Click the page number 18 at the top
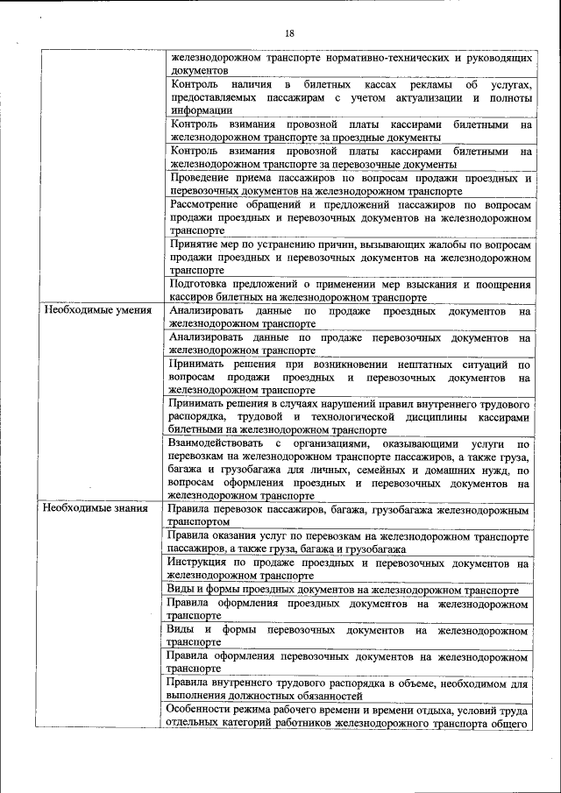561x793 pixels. [289, 33]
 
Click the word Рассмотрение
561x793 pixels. [209, 204]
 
